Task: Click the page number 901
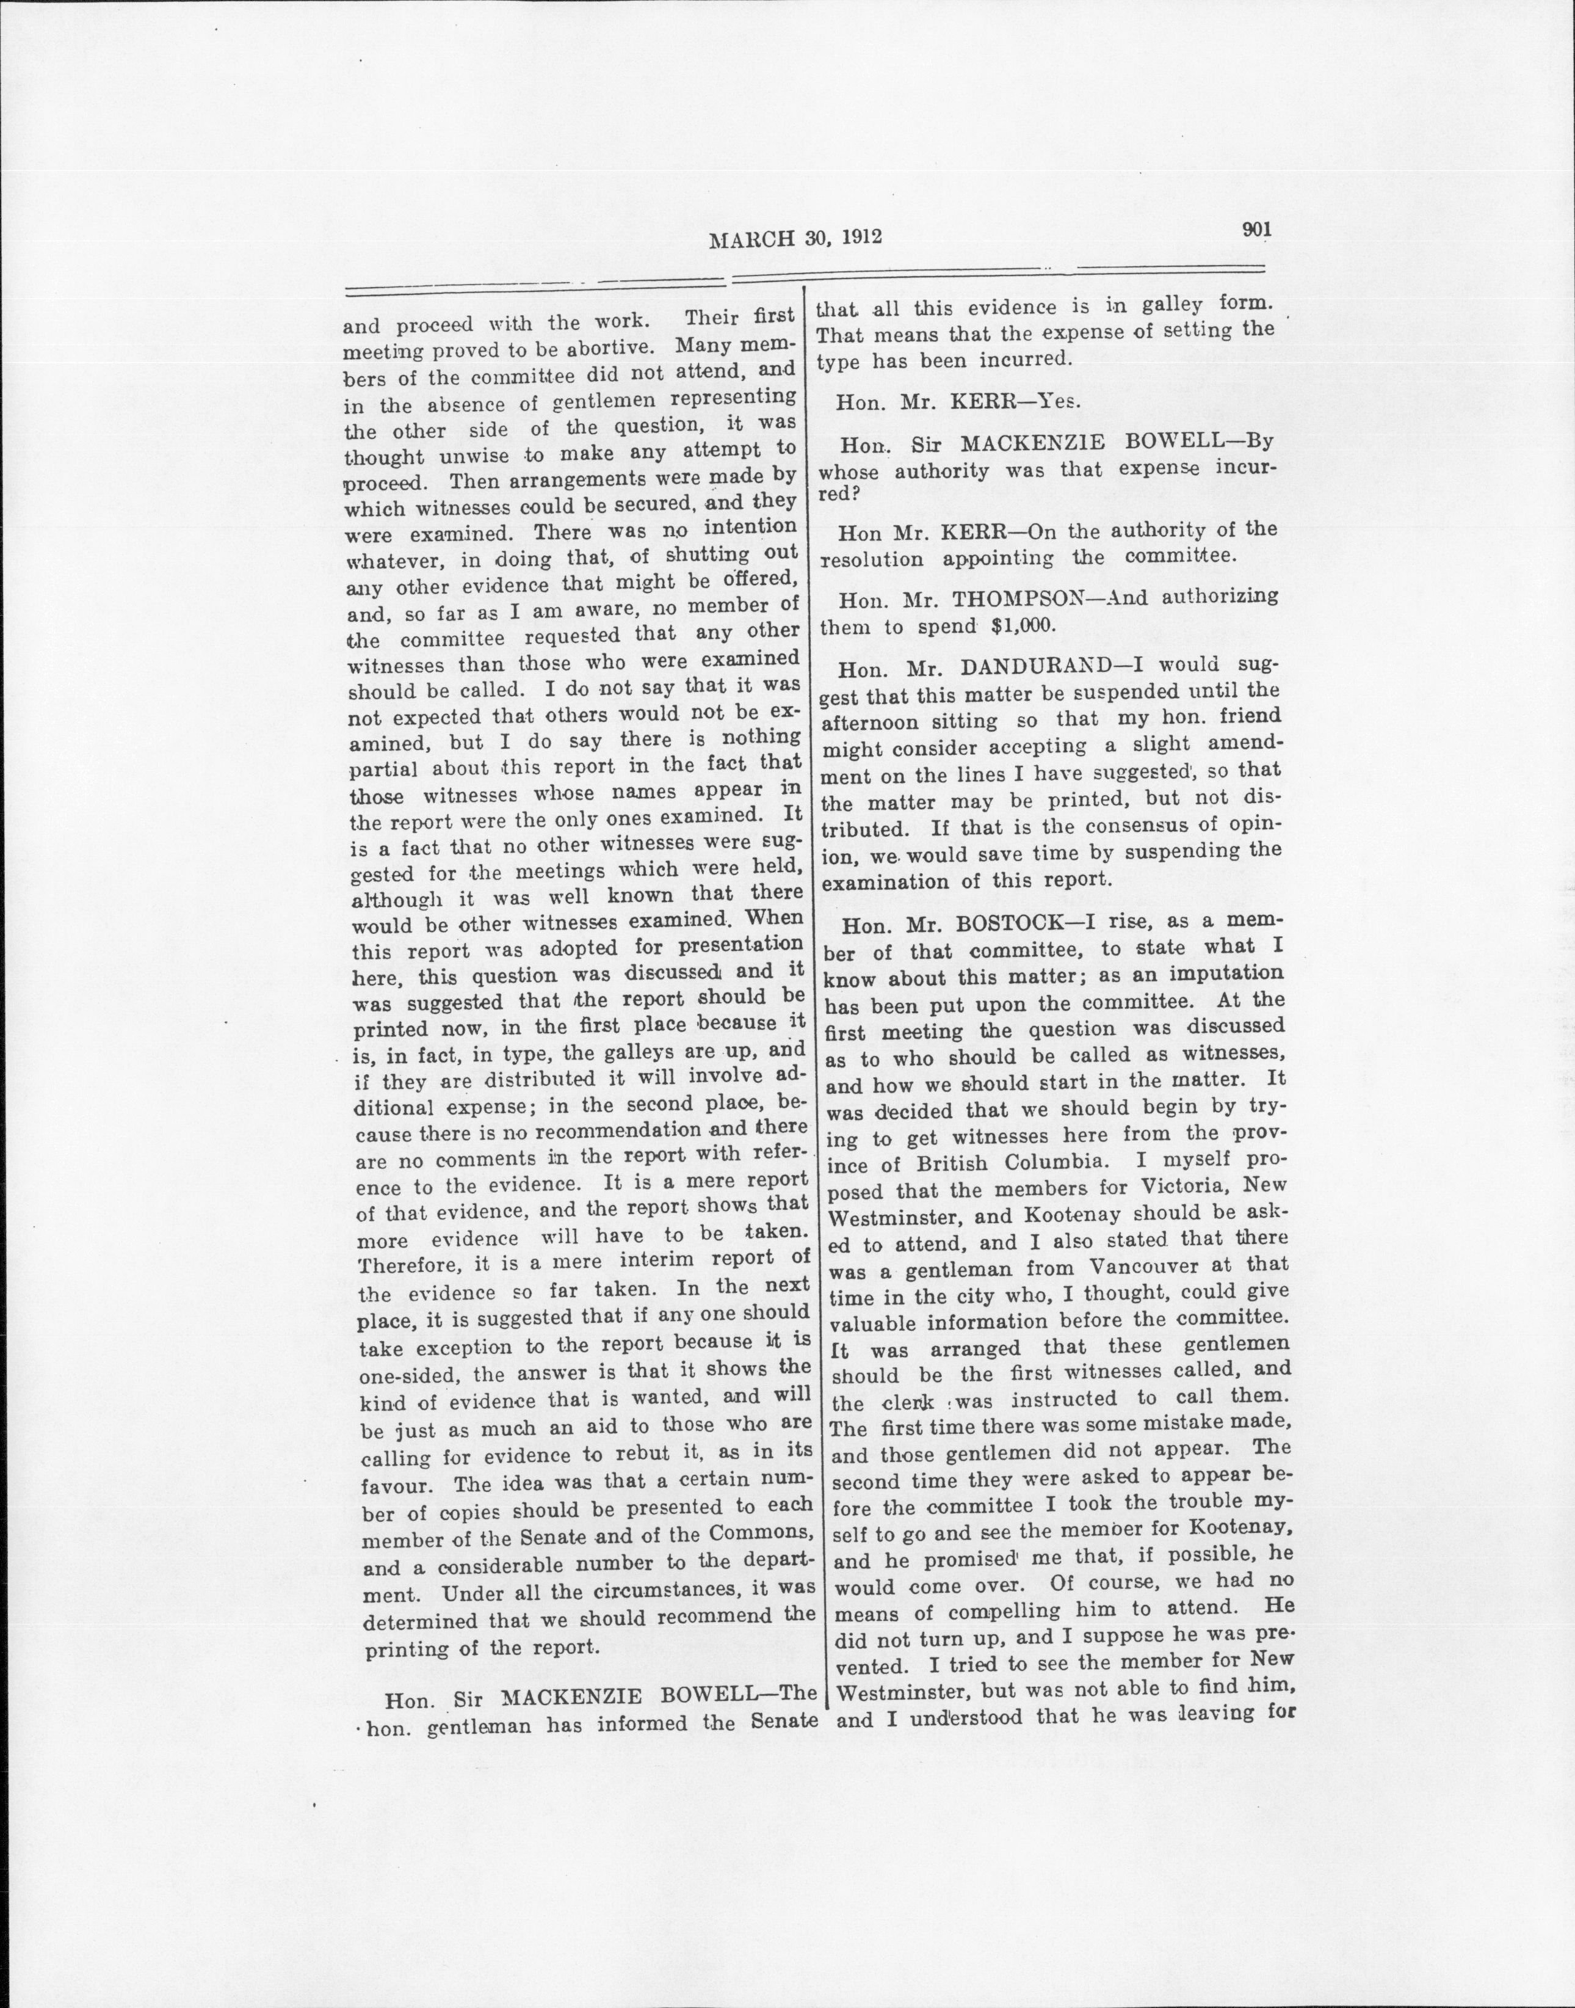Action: point(1257,231)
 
